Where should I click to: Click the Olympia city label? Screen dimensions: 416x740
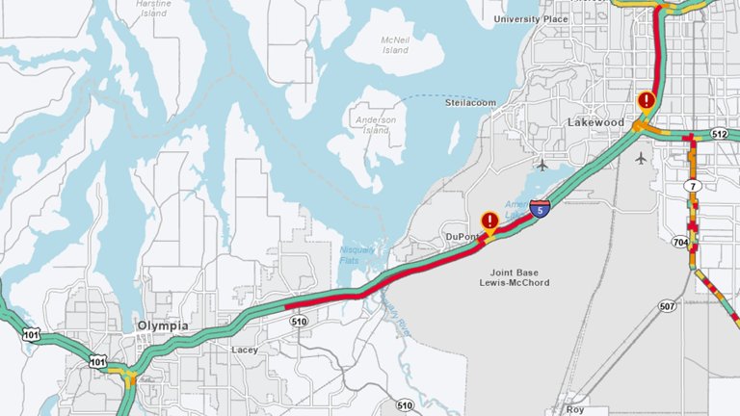162,325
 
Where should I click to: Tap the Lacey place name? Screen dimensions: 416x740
245,350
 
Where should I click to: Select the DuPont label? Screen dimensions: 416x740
462,236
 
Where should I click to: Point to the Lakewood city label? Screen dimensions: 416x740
596,123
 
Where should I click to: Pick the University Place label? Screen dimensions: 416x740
531,19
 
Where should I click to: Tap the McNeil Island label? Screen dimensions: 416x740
395,45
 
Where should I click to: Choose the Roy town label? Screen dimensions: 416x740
576,409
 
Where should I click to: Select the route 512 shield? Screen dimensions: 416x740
719,134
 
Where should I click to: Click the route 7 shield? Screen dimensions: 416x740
692,185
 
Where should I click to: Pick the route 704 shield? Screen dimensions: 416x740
681,243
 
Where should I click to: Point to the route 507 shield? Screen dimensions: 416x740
667,307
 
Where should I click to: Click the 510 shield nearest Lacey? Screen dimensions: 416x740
299,321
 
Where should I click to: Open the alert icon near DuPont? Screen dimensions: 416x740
489,221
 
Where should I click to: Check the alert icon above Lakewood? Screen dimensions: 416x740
647,100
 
